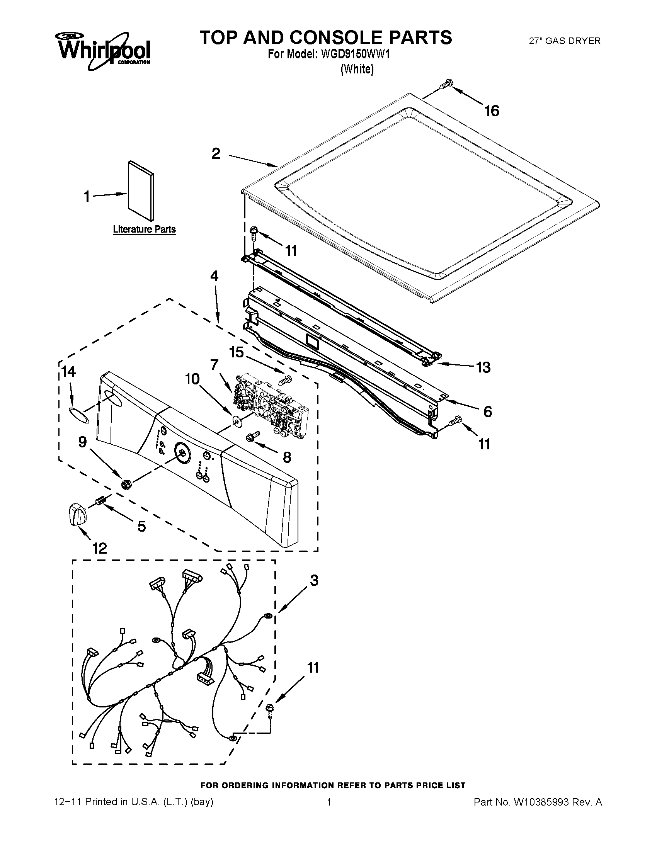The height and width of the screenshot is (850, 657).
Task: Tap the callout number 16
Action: pos(492,111)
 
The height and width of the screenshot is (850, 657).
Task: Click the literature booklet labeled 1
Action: pos(141,191)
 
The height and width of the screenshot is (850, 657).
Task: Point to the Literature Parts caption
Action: pos(144,229)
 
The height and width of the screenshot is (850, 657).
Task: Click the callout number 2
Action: pos(216,153)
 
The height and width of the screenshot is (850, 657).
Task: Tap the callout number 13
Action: pos(483,367)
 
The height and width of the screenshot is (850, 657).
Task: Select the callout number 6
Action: pos(487,411)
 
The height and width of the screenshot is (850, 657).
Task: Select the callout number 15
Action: pos(236,352)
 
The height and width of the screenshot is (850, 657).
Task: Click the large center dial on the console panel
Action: pos(181,452)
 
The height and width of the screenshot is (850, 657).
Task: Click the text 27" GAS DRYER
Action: pos(564,41)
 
